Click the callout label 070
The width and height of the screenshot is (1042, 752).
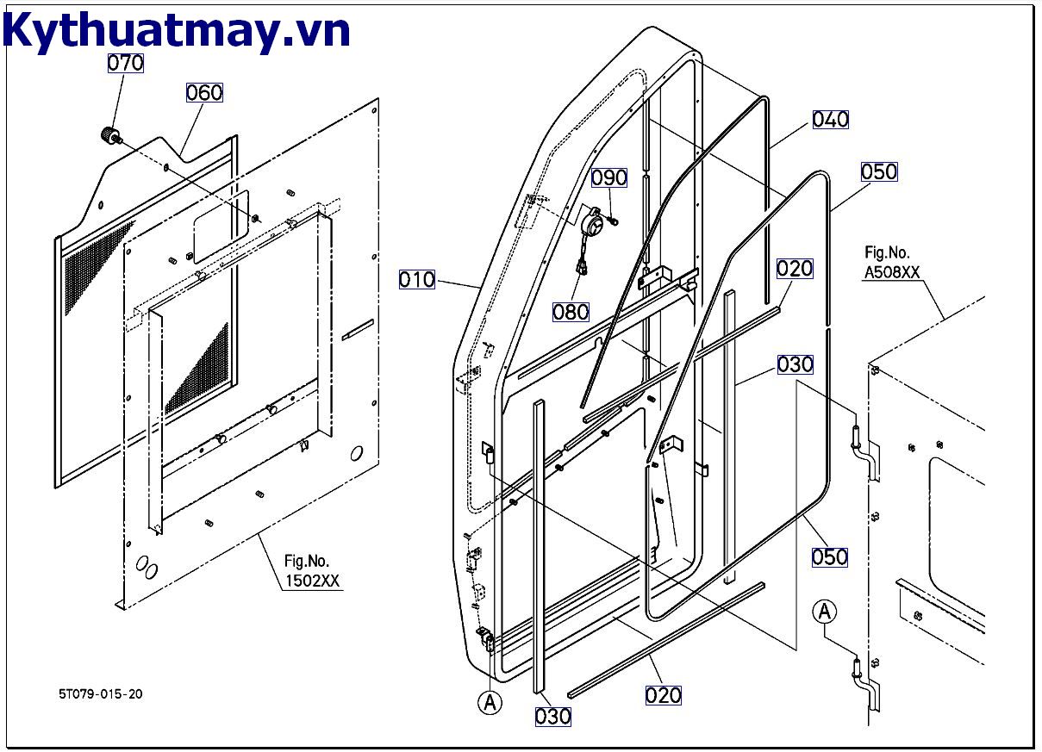(x=125, y=63)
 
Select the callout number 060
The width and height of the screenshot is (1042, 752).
(x=204, y=92)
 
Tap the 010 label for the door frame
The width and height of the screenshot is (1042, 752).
(x=417, y=279)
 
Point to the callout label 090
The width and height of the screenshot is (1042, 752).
(x=609, y=177)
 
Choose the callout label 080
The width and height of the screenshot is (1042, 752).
(x=571, y=311)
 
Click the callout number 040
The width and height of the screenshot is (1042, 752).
(x=830, y=119)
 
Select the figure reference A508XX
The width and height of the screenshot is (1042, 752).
(x=892, y=271)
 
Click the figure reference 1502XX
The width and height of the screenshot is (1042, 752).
(x=313, y=581)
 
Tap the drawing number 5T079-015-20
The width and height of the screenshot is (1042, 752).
(x=101, y=694)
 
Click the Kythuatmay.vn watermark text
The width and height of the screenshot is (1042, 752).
(x=176, y=31)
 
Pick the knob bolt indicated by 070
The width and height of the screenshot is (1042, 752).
(x=108, y=135)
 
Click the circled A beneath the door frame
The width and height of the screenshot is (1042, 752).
(x=490, y=703)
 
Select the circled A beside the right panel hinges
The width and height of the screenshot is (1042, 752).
(x=825, y=612)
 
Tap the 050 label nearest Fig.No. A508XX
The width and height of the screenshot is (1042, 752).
(x=878, y=171)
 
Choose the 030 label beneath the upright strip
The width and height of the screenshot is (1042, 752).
(x=552, y=716)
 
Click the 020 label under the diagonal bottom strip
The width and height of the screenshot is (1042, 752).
(x=663, y=694)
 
